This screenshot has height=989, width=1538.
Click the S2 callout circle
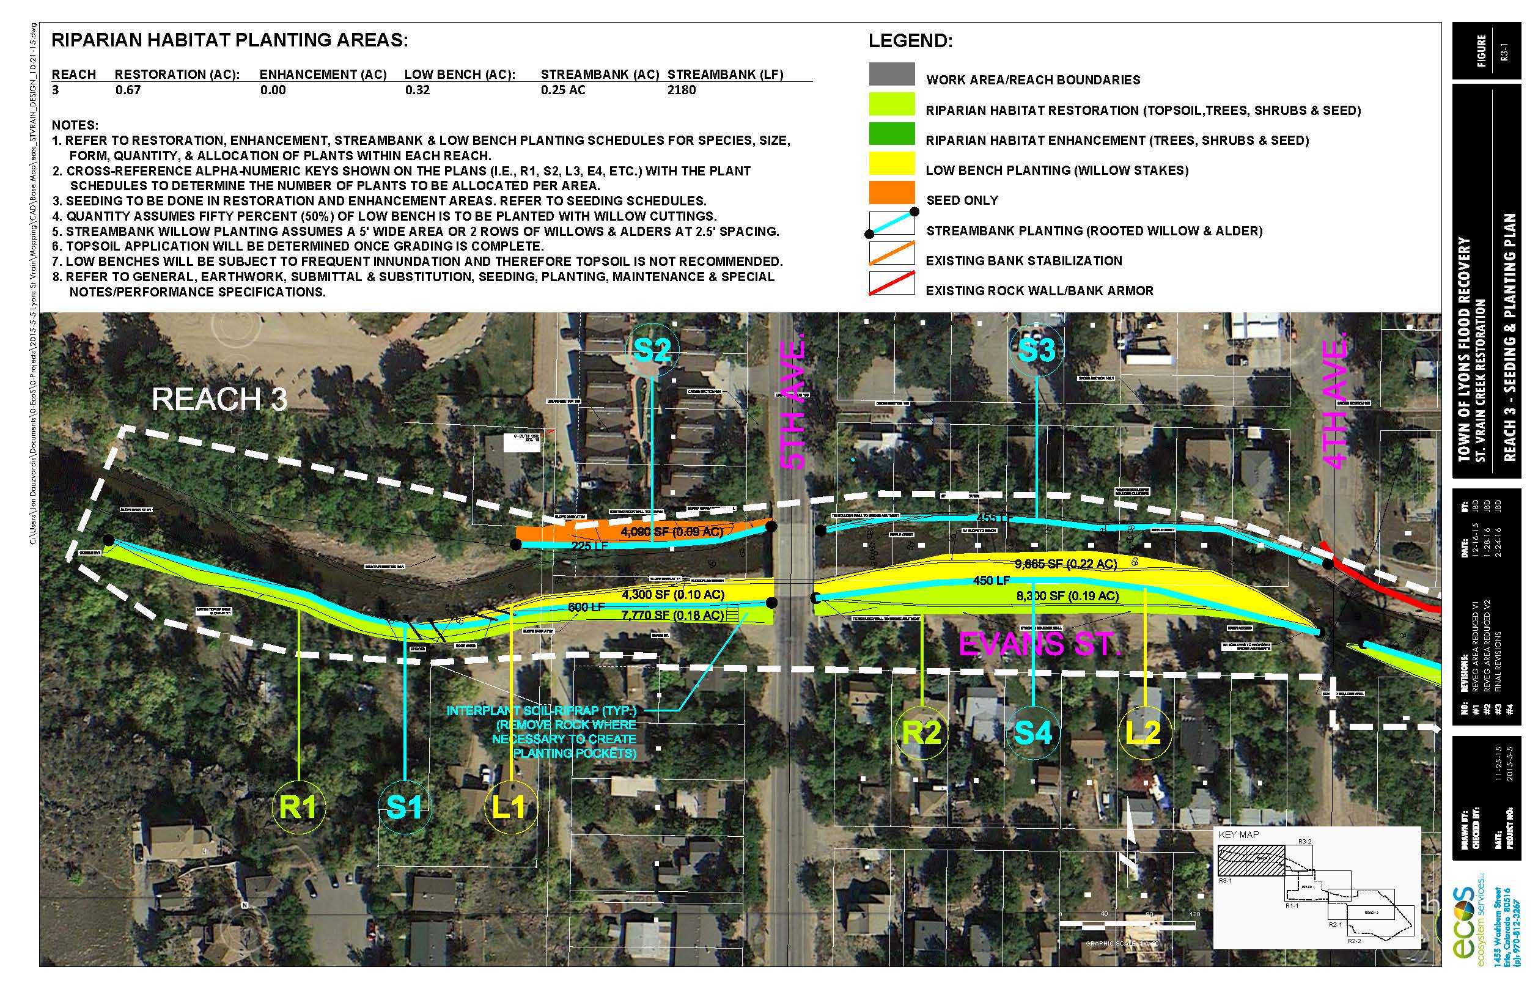(652, 350)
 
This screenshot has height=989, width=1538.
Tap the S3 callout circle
(1037, 350)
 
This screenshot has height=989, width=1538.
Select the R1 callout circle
(298, 807)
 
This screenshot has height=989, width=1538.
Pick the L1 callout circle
(509, 807)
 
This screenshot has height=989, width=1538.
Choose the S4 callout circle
(1032, 733)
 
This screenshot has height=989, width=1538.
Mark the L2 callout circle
(1144, 733)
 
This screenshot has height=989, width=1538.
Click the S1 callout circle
(404, 807)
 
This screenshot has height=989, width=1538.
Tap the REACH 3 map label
(219, 400)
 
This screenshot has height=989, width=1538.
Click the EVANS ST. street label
(1040, 644)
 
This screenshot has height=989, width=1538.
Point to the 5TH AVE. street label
(793, 405)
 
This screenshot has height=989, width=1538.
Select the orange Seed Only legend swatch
(891, 193)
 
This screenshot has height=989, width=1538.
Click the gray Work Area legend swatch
(891, 74)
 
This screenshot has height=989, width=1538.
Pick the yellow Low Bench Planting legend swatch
(891, 164)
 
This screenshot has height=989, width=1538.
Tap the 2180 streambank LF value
(682, 90)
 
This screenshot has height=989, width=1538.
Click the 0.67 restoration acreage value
(128, 90)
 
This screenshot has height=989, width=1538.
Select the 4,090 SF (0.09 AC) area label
(671, 532)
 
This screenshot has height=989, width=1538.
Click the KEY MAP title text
(1238, 835)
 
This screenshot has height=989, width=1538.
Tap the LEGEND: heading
(910, 41)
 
